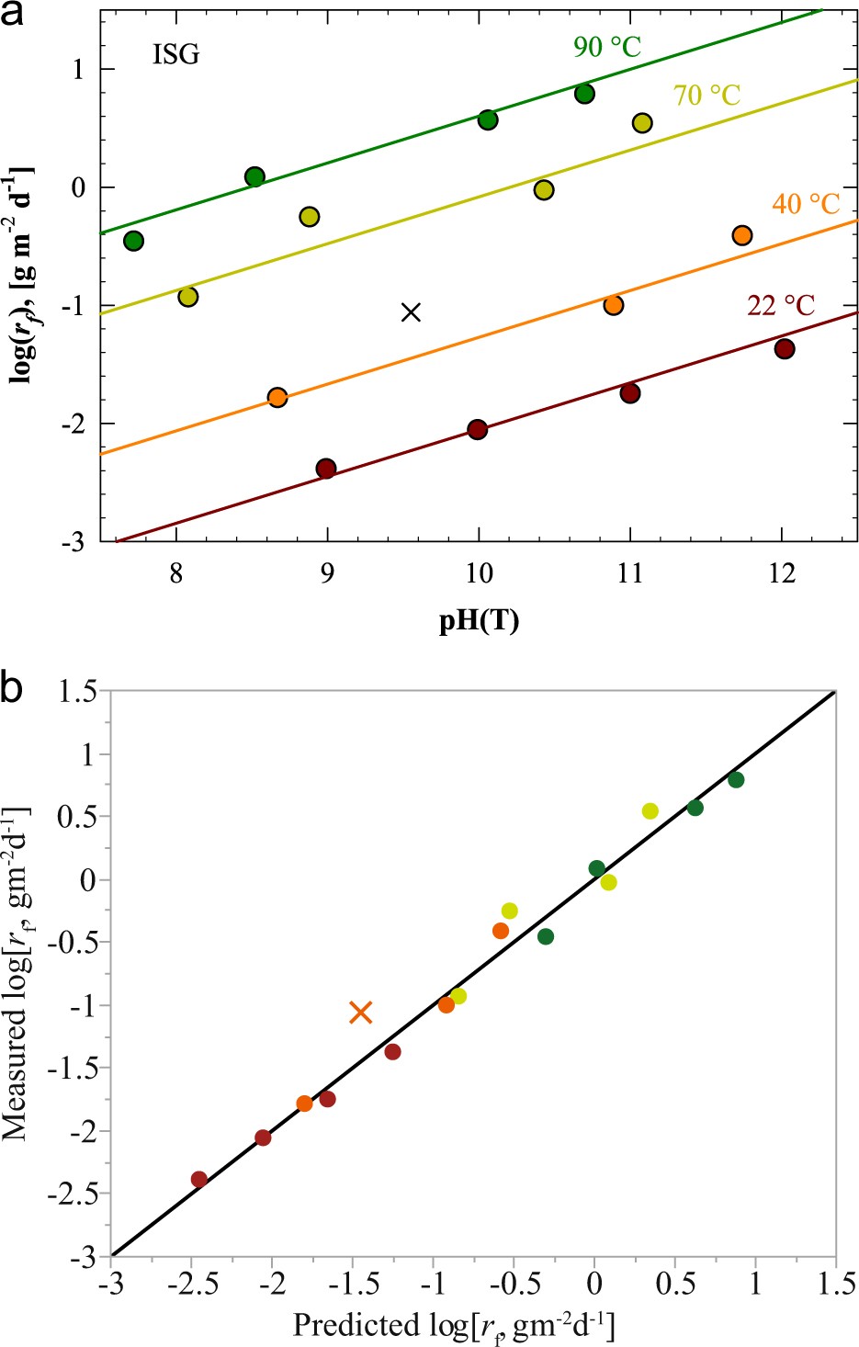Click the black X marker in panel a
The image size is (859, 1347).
(x=412, y=312)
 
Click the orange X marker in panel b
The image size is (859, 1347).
(x=360, y=1013)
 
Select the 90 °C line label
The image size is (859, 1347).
(x=606, y=47)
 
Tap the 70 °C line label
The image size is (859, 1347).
(x=706, y=95)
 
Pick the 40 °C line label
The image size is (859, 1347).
(x=806, y=203)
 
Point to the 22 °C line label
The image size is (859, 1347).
(x=781, y=305)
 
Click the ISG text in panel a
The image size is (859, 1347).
(x=175, y=55)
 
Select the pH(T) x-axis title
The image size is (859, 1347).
(x=479, y=622)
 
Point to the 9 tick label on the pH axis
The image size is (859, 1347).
(x=327, y=574)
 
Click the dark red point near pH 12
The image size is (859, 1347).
(x=784, y=349)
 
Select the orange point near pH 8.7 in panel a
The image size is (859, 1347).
(x=277, y=398)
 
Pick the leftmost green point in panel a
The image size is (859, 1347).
(x=133, y=241)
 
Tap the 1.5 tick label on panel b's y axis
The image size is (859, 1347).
(x=77, y=691)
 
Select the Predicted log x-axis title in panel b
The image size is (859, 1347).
(x=454, y=1325)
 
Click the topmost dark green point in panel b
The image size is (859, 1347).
(x=735, y=780)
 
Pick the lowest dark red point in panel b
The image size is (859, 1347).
(x=199, y=1179)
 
